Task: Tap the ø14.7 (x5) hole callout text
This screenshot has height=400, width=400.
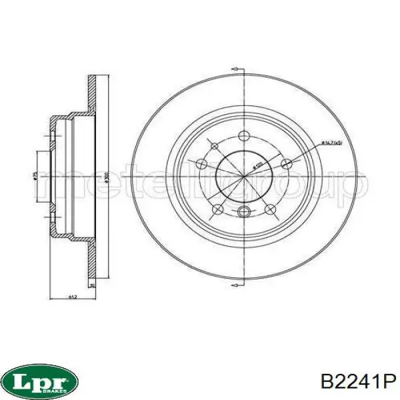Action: pos(332,143)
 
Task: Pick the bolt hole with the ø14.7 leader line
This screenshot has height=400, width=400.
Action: pos(287,164)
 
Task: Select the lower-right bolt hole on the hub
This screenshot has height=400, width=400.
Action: pos(270,210)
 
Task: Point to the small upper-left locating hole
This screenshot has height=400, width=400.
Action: pos(214,147)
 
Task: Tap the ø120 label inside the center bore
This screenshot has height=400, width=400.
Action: pos(255,167)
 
